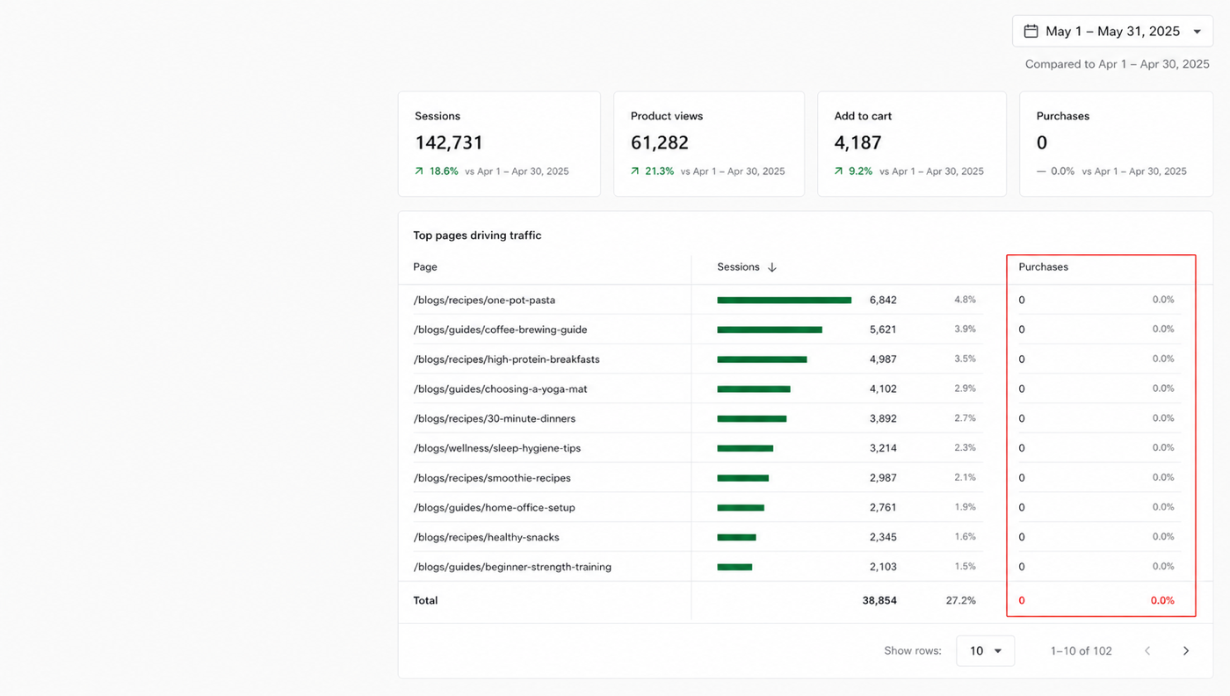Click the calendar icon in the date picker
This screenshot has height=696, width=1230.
[1031, 32]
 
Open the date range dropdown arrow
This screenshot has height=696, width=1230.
[1197, 32]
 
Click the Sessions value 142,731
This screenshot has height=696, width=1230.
[449, 143]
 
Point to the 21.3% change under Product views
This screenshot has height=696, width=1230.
[659, 171]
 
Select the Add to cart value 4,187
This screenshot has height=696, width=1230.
[857, 143]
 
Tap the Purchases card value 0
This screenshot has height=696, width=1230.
[1042, 143]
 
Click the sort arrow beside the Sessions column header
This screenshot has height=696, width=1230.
[772, 267]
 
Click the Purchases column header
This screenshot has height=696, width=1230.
[1044, 267]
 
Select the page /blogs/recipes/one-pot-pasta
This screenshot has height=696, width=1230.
[484, 300]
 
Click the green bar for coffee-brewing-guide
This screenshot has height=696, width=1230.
[770, 330]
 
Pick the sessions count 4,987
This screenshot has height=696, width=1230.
[883, 359]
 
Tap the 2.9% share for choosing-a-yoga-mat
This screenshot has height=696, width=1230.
[965, 388]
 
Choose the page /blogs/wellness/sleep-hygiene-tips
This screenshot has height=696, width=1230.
[497, 448]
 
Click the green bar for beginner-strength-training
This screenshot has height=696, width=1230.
[734, 567]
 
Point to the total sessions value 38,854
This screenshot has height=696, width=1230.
[879, 600]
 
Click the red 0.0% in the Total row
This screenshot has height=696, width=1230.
[1162, 600]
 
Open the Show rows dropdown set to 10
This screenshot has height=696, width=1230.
[985, 651]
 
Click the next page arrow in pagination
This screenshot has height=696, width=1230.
[1186, 651]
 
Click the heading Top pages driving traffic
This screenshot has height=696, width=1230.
[477, 236]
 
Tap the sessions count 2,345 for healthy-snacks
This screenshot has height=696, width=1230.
[883, 537]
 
